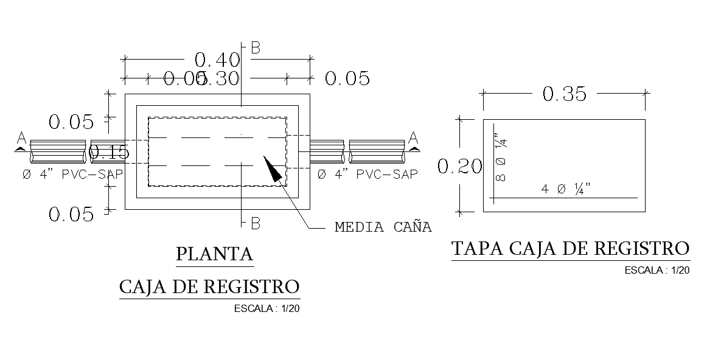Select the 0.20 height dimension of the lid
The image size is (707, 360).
coord(459,166)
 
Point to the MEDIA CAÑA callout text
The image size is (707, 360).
coord(383,227)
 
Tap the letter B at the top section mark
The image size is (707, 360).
coord(256,49)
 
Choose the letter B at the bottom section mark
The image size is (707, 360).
coord(256,224)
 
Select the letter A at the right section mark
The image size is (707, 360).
coord(413,136)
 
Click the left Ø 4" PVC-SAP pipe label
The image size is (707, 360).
coord(72,174)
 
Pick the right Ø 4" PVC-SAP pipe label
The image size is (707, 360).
coord(367,174)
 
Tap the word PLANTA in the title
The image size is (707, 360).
coord(214,254)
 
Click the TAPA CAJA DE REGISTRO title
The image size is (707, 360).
coord(571,249)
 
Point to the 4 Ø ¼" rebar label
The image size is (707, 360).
coord(566,189)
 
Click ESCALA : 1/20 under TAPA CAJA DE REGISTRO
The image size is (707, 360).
coord(656,271)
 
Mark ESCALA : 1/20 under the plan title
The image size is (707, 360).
coord(266,308)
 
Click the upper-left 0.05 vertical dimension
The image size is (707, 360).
coord(71,122)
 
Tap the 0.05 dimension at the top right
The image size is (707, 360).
coord(347,78)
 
